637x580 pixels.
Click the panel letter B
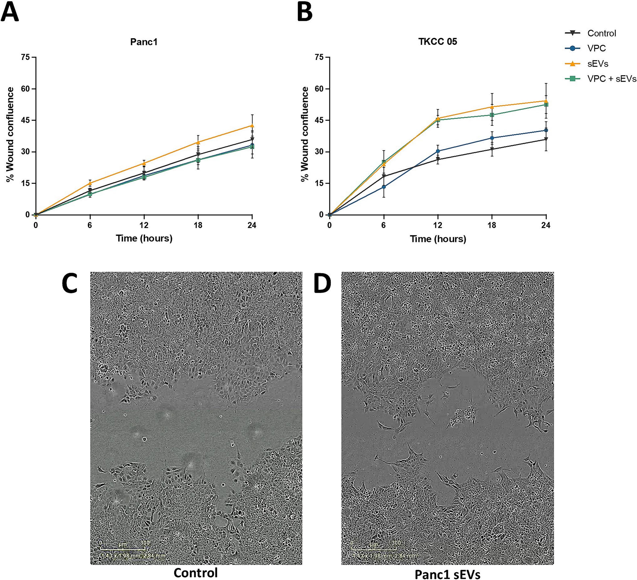[305, 12]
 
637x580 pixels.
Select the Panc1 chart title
[144, 42]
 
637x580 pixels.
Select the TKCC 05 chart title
[438, 42]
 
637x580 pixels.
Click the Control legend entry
[601, 33]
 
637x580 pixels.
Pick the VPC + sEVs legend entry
[611, 79]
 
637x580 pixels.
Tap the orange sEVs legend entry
[597, 64]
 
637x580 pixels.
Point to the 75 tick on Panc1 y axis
[25, 57]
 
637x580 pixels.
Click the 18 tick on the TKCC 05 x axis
[492, 225]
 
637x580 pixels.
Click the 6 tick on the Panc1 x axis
[90, 225]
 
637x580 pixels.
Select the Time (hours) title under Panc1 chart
[144, 238]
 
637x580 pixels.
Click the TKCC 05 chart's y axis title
[305, 134]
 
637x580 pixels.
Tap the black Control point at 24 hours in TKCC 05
[546, 139]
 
